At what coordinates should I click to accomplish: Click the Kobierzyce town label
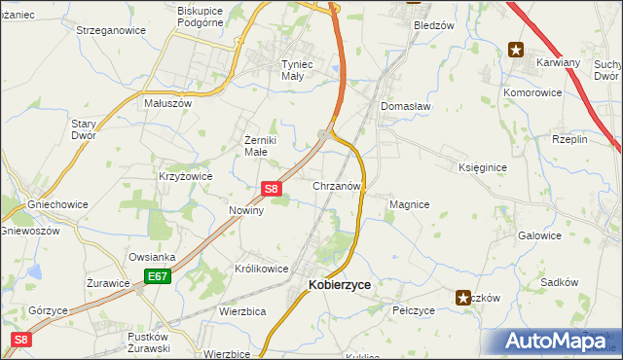tap(339, 285)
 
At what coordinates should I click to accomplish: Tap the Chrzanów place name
tap(337, 185)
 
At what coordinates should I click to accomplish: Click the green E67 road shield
tap(158, 277)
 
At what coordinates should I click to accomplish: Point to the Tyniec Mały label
tap(278, 68)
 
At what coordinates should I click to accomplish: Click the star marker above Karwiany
tap(515, 49)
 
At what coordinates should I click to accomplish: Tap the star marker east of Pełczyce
tap(464, 297)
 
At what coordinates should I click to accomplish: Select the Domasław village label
tap(405, 106)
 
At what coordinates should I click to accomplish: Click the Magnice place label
tap(409, 204)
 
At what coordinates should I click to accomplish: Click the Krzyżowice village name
tap(185, 176)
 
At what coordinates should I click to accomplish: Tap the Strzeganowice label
tap(111, 30)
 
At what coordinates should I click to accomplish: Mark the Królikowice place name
tap(261, 268)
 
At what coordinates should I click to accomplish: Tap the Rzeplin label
tap(569, 139)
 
